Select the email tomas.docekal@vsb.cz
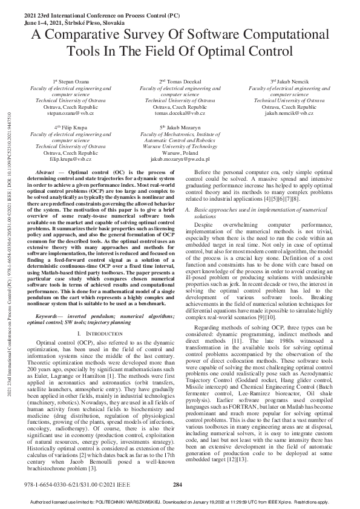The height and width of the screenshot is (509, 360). [x=180, y=112]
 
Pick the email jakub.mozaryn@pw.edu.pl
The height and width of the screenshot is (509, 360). [x=180, y=159]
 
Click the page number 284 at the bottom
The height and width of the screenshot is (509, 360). [x=177, y=485]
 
